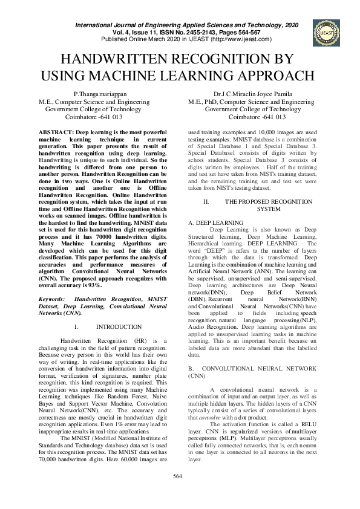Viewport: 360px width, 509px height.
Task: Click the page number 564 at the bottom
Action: [x=178, y=494]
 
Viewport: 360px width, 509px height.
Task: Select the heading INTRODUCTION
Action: [x=119, y=327]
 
